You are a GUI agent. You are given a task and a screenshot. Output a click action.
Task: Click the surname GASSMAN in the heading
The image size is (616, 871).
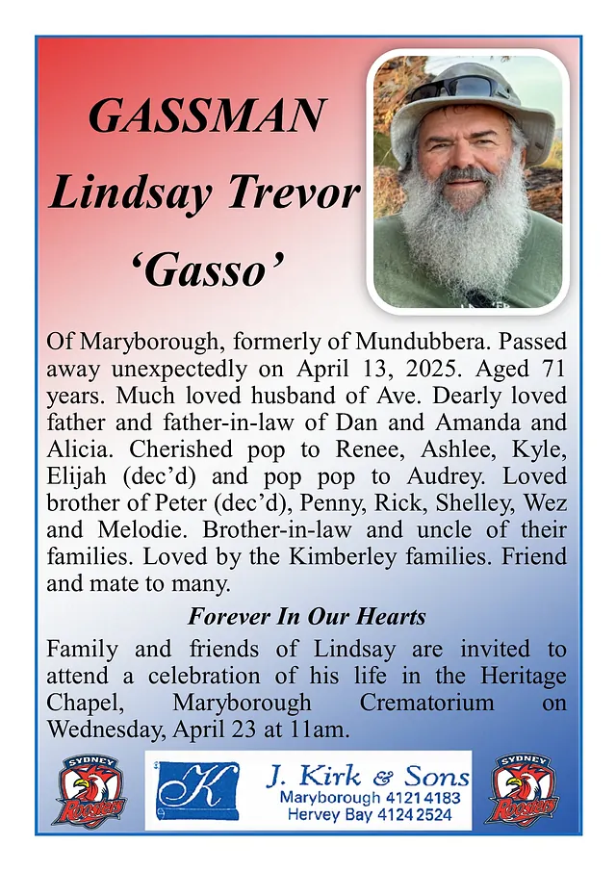206,116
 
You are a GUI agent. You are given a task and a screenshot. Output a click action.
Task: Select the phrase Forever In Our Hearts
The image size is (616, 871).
307,616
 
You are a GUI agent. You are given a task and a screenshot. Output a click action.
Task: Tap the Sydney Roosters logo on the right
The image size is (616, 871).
524,791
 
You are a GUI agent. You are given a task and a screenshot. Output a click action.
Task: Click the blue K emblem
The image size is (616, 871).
199,790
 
